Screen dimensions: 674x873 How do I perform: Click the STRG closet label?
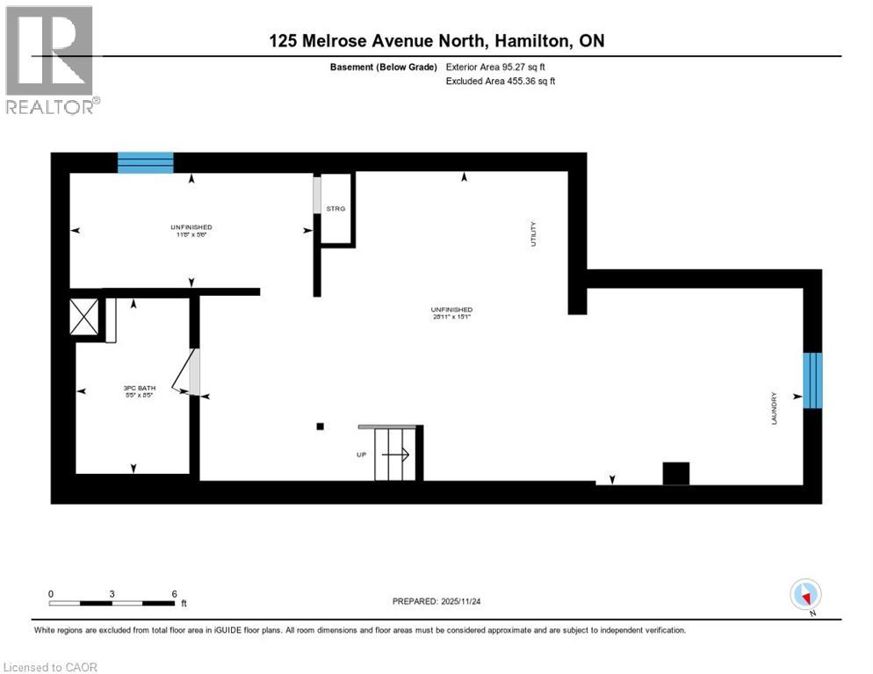(335, 209)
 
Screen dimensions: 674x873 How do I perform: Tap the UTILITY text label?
(532, 235)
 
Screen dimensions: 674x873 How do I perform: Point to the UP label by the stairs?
(361, 454)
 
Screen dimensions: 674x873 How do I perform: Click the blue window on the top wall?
(146, 162)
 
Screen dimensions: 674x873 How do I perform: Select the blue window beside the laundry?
(813, 380)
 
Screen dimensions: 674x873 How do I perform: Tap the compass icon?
(805, 594)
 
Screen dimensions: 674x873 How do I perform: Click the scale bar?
(112, 603)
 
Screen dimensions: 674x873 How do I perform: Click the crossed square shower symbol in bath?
(85, 317)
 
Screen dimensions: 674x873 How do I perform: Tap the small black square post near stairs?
(321, 427)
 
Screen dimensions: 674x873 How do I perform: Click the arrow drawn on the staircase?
(396, 454)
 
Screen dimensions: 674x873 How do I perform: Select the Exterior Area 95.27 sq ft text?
(501, 67)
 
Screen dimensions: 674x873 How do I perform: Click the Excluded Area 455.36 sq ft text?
(501, 81)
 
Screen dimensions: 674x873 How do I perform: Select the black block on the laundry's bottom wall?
(675, 473)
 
